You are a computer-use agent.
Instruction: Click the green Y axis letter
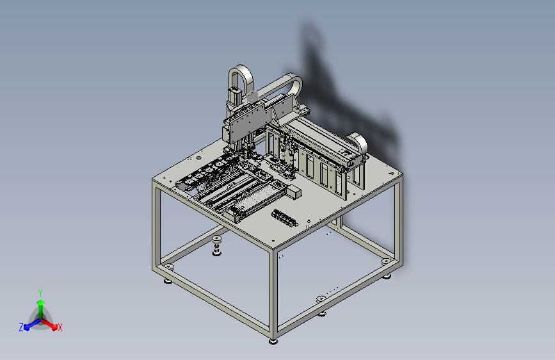coord(40,293)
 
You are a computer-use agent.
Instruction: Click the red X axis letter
coord(60,327)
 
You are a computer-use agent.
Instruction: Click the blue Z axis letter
coord(21,327)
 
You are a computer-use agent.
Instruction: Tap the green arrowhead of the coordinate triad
coord(41,302)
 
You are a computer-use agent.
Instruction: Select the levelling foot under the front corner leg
coord(273,341)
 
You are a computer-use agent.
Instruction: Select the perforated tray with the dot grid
coord(255,199)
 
